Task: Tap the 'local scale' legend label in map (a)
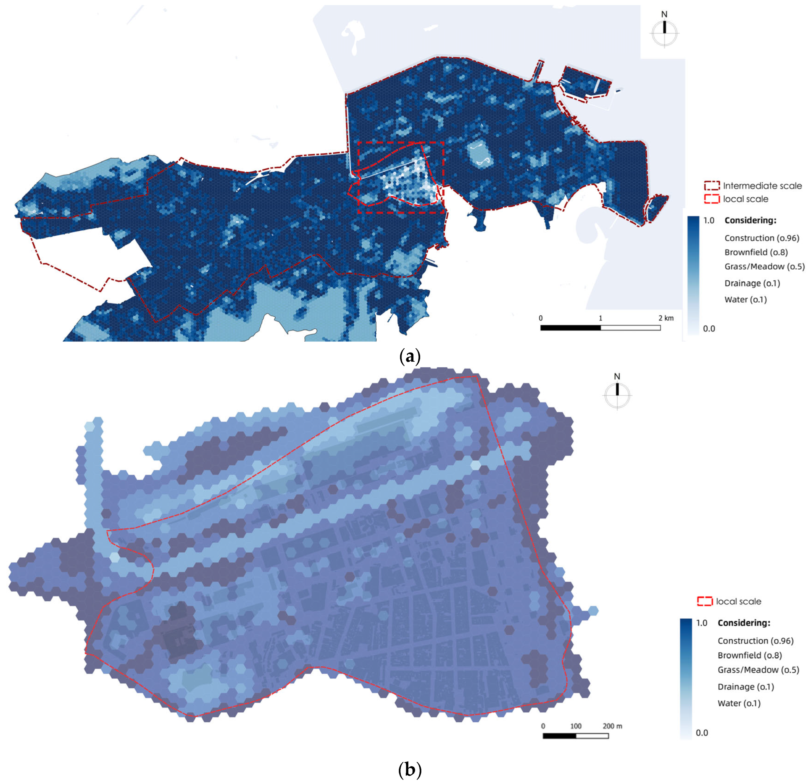[x=746, y=199]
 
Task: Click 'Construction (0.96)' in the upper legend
[x=762, y=238]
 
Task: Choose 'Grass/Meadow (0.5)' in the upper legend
[x=764, y=266]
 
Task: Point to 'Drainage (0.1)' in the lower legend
[x=746, y=687]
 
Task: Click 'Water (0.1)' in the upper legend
[x=746, y=299]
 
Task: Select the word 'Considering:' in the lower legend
[x=744, y=623]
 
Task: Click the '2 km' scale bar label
[x=666, y=318]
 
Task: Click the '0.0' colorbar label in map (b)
[x=702, y=733]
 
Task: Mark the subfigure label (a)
[x=410, y=356]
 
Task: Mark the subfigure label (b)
[x=410, y=769]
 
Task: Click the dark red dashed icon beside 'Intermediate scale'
[x=712, y=186]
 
